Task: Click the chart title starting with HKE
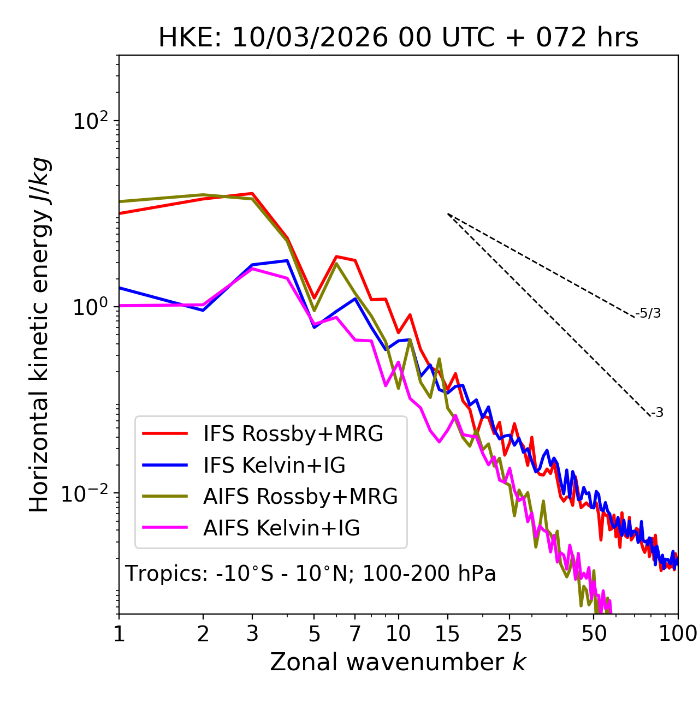(398, 38)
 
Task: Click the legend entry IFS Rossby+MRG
(293, 434)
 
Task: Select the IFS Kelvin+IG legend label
(274, 466)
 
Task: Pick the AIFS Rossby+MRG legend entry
(300, 497)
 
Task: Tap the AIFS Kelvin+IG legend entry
(281, 528)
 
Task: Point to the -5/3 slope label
(648, 314)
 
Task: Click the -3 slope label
(657, 413)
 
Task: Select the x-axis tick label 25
(510, 634)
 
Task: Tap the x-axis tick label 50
(594, 634)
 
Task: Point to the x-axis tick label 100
(678, 634)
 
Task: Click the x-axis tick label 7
(356, 634)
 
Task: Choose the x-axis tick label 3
(252, 634)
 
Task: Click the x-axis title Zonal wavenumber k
(398, 662)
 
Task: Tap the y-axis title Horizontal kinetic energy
(39, 335)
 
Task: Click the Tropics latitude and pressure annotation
(311, 574)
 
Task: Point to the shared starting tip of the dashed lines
(448, 214)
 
